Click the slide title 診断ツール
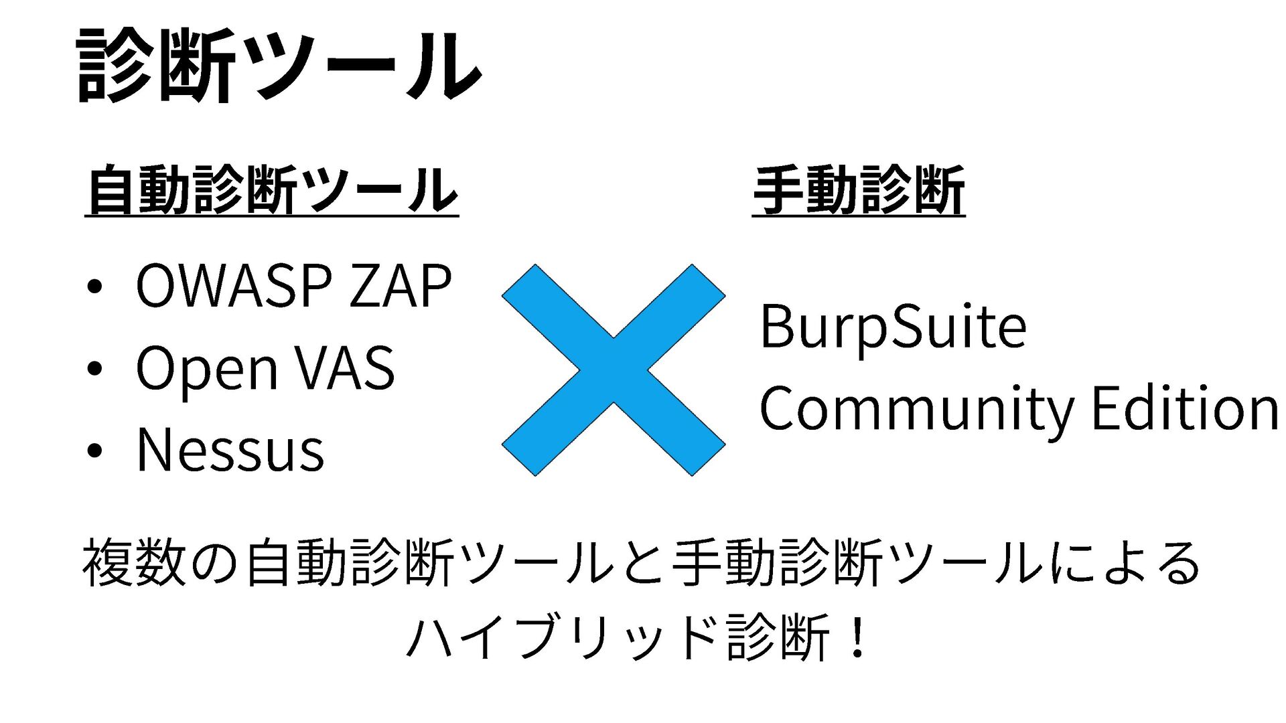[278, 66]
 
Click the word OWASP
[233, 287]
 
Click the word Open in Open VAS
[206, 370]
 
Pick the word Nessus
[230, 450]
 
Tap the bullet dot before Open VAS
[94, 370]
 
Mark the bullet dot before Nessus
[94, 451]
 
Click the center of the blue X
[614, 370]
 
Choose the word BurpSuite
[893, 327]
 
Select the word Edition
[1184, 408]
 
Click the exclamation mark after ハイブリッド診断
[857, 637]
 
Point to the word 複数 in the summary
[134, 564]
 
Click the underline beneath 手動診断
[859, 216]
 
